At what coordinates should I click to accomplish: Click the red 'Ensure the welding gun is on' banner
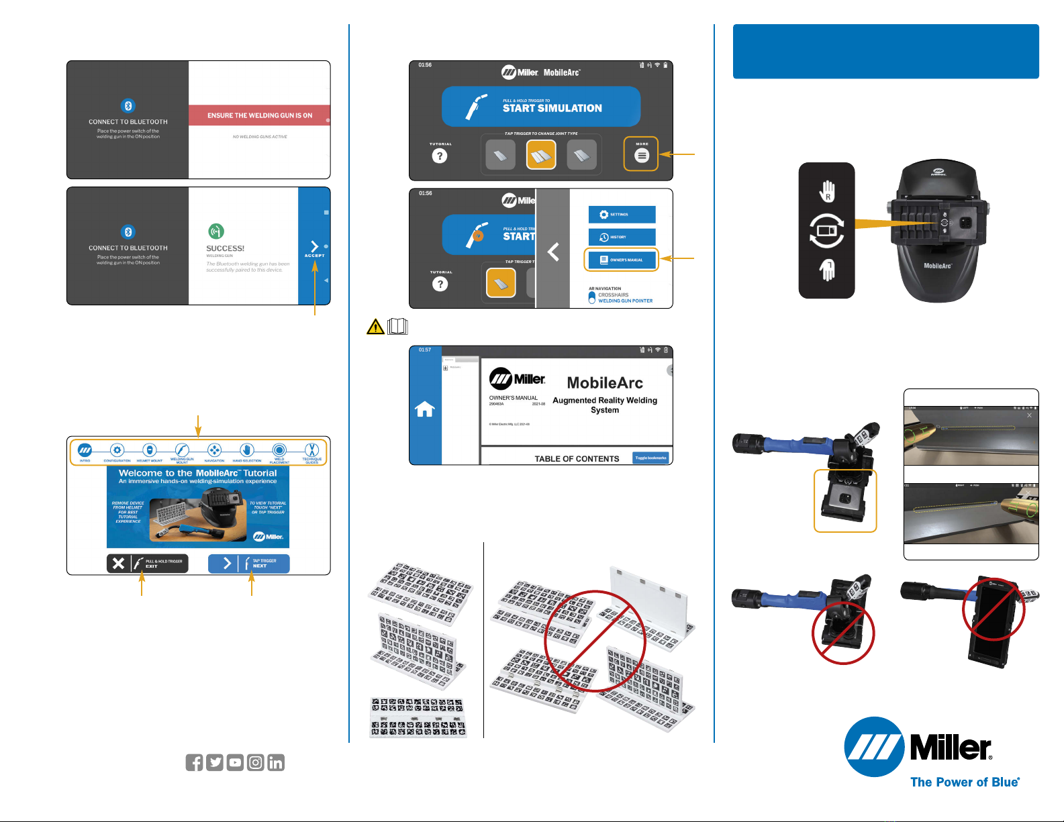pos(259,115)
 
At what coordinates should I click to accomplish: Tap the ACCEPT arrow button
pos(314,249)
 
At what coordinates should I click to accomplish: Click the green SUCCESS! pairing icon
pos(215,232)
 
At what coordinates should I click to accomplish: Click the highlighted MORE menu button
pos(642,154)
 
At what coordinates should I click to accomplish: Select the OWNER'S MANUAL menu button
pos(622,260)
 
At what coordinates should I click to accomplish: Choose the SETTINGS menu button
pos(622,215)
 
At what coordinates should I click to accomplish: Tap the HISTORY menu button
pos(622,237)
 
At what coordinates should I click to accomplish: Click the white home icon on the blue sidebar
pos(425,409)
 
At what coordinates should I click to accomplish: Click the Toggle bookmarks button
pos(650,458)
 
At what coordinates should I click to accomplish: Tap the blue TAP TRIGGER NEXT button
pos(248,564)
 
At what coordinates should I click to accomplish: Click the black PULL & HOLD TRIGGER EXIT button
pos(147,564)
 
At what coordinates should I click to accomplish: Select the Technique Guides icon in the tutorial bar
pos(311,451)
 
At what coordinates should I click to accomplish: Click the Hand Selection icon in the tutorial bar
pos(246,451)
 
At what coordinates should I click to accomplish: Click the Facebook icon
pos(194,762)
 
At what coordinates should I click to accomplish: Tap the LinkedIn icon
pos(276,762)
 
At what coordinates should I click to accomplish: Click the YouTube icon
pos(235,762)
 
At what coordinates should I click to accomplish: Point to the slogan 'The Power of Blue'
pos(965,782)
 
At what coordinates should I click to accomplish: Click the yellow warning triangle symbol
pos(375,327)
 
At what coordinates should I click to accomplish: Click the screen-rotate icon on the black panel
pos(826,231)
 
